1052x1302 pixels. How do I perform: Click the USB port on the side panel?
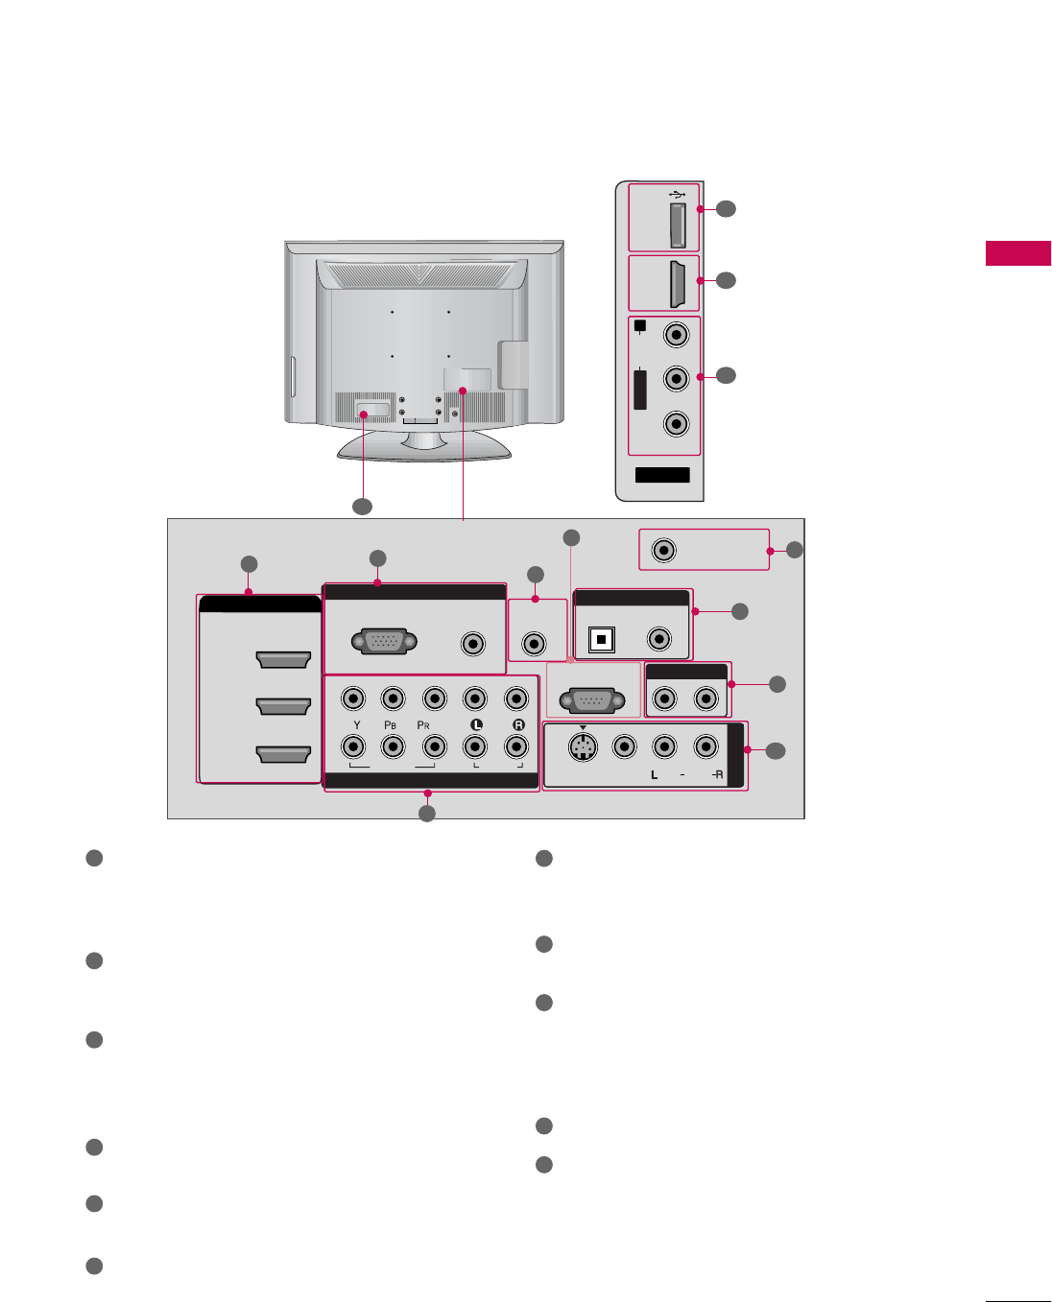pyautogui.click(x=677, y=225)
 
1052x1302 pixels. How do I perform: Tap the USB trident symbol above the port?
pyautogui.click(x=677, y=194)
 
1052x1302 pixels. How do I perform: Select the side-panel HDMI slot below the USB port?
pyautogui.click(x=676, y=283)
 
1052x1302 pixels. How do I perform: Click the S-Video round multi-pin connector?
pyautogui.click(x=582, y=746)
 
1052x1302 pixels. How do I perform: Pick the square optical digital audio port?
pyautogui.click(x=601, y=640)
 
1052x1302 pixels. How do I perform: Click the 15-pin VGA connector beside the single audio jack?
pyautogui.click(x=384, y=642)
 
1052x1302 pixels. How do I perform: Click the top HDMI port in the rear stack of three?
pyautogui.click(x=283, y=659)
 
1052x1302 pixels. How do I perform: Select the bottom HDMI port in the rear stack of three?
pyautogui.click(x=283, y=754)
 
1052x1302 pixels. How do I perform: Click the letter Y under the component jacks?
pyautogui.click(x=357, y=725)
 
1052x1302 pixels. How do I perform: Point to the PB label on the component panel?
pyautogui.click(x=392, y=725)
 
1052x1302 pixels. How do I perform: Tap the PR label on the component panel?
pyautogui.click(x=423, y=725)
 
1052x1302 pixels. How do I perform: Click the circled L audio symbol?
pyautogui.click(x=476, y=725)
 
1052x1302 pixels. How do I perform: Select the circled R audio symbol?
pyautogui.click(x=518, y=725)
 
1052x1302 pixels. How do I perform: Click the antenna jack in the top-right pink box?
pyautogui.click(x=663, y=550)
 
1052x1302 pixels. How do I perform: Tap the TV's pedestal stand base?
pyautogui.click(x=423, y=447)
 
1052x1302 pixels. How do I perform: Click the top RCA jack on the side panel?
pyautogui.click(x=677, y=335)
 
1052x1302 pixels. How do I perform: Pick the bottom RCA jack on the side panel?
pyautogui.click(x=677, y=423)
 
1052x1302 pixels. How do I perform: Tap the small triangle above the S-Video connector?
pyautogui.click(x=583, y=727)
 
